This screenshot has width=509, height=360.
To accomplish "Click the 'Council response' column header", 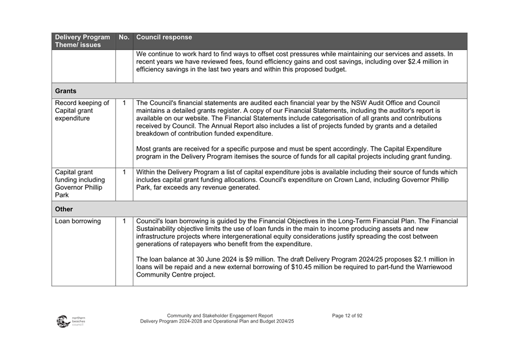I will coord(164,38).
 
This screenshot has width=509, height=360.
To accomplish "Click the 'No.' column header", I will coord(124,38).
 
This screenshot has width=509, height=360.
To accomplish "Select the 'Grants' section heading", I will coord(66,91).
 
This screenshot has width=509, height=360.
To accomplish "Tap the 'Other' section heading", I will coord(65,209).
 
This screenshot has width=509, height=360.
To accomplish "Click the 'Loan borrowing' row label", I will coord(78,221).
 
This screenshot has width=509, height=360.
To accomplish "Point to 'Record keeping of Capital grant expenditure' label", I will coord(82,111).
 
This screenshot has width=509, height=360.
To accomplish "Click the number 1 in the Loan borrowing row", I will coord(124,221).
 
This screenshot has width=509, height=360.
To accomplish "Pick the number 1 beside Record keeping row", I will coord(124,103).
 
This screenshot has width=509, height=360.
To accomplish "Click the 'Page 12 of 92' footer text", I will coord(347,315).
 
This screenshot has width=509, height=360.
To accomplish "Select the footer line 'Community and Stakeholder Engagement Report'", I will coord(220,315).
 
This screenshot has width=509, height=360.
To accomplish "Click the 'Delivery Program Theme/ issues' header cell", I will coord(82,41).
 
